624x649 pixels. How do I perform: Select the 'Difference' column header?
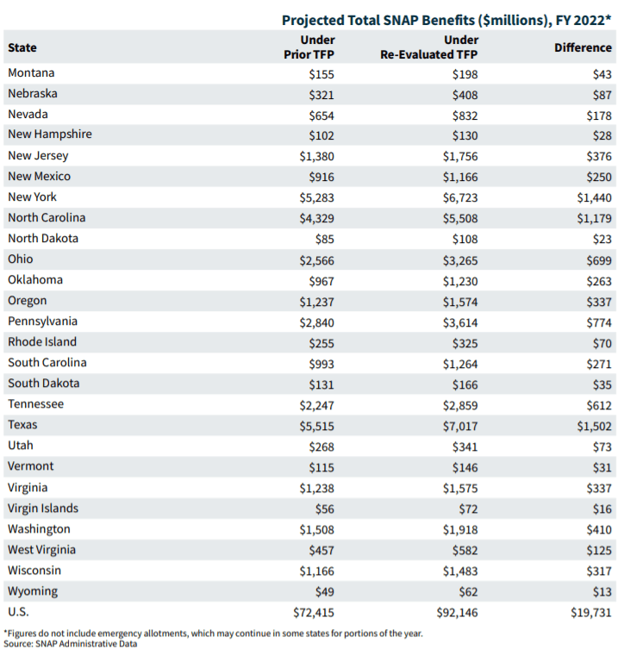click(583, 47)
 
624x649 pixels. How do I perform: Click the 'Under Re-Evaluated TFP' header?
click(429, 47)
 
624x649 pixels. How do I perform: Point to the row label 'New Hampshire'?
click(50, 134)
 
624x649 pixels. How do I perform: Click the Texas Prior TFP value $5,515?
click(315, 425)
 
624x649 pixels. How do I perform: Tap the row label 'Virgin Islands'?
click(43, 508)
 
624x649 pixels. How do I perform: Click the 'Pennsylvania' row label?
click(42, 321)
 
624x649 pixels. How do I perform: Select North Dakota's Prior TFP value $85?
click(321, 239)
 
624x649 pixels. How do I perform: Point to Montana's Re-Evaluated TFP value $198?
click(465, 74)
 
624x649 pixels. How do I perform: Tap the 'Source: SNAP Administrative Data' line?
click(54, 643)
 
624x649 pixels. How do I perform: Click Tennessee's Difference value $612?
click(596, 404)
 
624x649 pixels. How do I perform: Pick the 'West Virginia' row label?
click(41, 549)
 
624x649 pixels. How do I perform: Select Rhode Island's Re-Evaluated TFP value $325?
click(465, 342)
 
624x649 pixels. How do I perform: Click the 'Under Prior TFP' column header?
click(309, 47)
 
